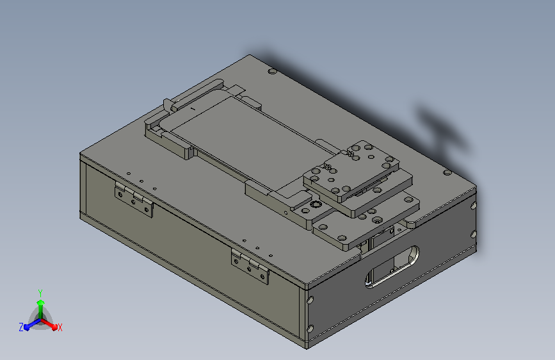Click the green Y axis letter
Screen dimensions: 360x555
tap(40, 291)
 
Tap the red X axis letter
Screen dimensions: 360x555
tap(60, 328)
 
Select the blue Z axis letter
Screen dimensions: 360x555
tap(21, 327)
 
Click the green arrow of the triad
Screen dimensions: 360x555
tap(40, 304)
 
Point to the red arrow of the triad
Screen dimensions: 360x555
tap(51, 323)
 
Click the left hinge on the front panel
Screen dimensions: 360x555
tap(134, 199)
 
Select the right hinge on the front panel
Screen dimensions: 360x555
tap(250, 266)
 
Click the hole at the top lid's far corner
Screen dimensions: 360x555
tap(272, 72)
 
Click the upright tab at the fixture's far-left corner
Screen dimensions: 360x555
tap(167, 104)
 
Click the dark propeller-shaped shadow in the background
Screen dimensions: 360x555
tap(442, 128)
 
